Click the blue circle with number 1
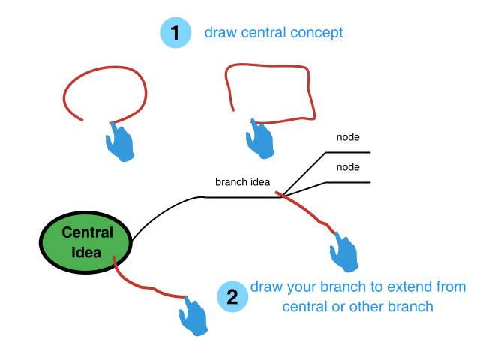click(x=175, y=34)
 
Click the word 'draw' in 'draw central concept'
click(x=219, y=34)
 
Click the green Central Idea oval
click(x=86, y=241)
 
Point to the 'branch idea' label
click(x=242, y=182)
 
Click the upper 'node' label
click(x=348, y=137)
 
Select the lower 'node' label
click(x=348, y=167)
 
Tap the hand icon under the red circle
click(x=119, y=142)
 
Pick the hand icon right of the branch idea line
click(x=346, y=253)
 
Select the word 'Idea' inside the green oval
click(x=86, y=252)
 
